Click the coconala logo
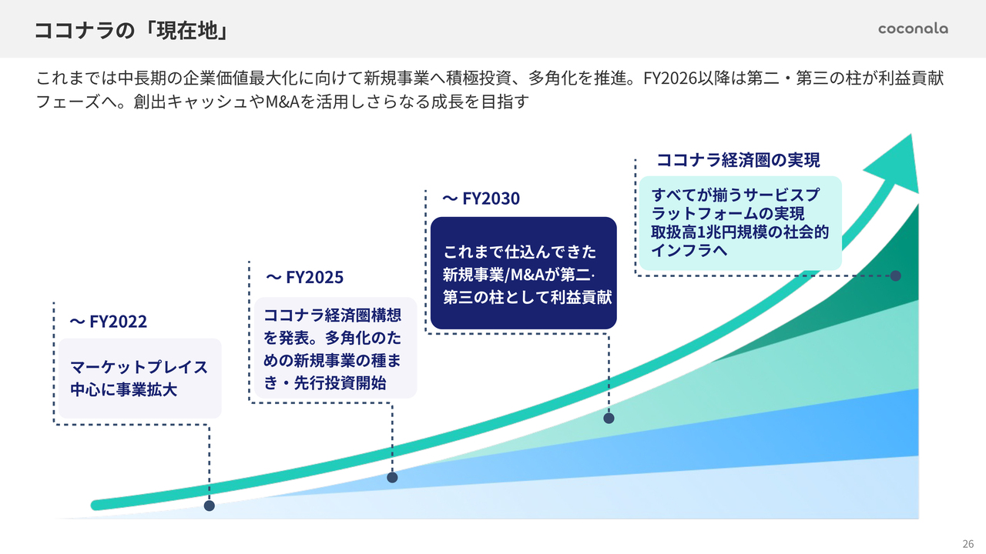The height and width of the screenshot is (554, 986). (913, 28)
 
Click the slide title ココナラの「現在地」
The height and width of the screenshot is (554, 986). (132, 30)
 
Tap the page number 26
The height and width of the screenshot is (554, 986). (968, 543)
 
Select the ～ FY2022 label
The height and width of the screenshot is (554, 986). (109, 322)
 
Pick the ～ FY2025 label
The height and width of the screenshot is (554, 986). (304, 277)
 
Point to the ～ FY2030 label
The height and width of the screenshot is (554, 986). (481, 199)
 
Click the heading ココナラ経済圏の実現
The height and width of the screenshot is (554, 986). (738, 160)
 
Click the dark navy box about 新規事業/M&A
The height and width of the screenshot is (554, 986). (523, 273)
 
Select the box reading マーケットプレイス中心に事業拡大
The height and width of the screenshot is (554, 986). (140, 378)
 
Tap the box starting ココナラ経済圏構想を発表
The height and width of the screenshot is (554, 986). (335, 348)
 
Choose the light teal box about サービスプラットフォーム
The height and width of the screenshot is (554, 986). (740, 223)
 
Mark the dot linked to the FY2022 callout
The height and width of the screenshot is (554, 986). (210, 506)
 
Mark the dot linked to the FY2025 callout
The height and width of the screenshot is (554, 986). (392, 478)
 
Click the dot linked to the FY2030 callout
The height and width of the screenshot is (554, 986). (609, 418)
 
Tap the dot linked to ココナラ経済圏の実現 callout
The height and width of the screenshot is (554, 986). (896, 275)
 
